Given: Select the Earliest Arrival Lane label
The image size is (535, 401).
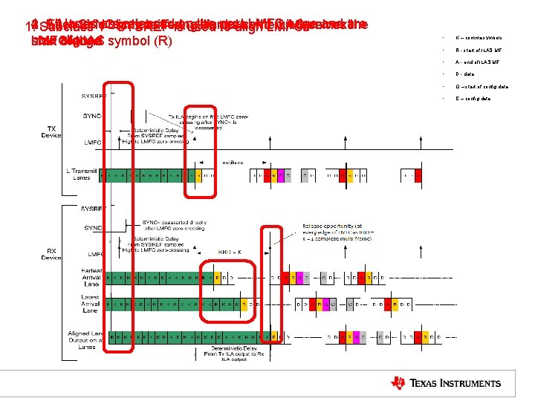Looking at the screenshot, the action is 90,279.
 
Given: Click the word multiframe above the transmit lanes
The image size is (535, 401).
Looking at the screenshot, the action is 231,161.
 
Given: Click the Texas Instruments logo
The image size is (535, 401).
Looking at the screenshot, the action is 446,382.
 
